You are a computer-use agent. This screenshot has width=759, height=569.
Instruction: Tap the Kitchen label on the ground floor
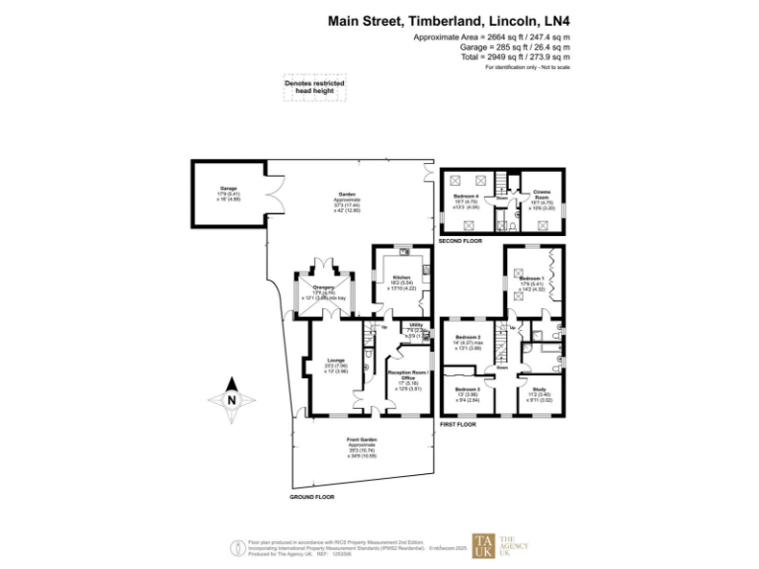(x=400, y=278)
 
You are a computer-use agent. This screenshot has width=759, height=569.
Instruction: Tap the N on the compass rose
(x=230, y=400)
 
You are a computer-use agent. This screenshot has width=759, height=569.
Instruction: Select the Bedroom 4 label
(x=465, y=197)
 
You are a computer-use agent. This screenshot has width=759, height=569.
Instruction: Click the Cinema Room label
(x=543, y=193)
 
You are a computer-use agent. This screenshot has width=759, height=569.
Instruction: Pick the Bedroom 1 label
(x=531, y=280)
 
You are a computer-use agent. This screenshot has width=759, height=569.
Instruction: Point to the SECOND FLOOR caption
(x=461, y=241)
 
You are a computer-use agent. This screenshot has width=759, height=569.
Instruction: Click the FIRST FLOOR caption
(x=457, y=424)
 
